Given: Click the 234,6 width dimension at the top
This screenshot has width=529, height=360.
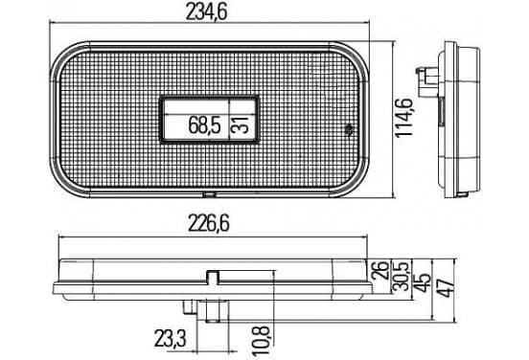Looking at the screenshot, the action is click(206, 11).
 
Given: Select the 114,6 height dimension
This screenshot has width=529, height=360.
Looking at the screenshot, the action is click(404, 118).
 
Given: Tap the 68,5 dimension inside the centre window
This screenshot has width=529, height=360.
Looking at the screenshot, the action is click(204, 125).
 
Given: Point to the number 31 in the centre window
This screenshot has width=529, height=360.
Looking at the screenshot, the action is click(241, 125).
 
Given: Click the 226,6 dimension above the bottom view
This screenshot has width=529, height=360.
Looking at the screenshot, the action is click(209, 223).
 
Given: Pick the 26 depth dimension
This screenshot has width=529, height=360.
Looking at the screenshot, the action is click(379, 270).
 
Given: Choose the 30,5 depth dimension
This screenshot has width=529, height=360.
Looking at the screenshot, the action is click(402, 275).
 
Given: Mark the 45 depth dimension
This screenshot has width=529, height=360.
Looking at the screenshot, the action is click(423, 282).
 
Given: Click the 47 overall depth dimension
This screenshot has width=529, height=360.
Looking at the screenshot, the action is click(447, 288).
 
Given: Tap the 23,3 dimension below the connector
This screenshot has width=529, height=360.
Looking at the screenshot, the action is click(171, 338).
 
